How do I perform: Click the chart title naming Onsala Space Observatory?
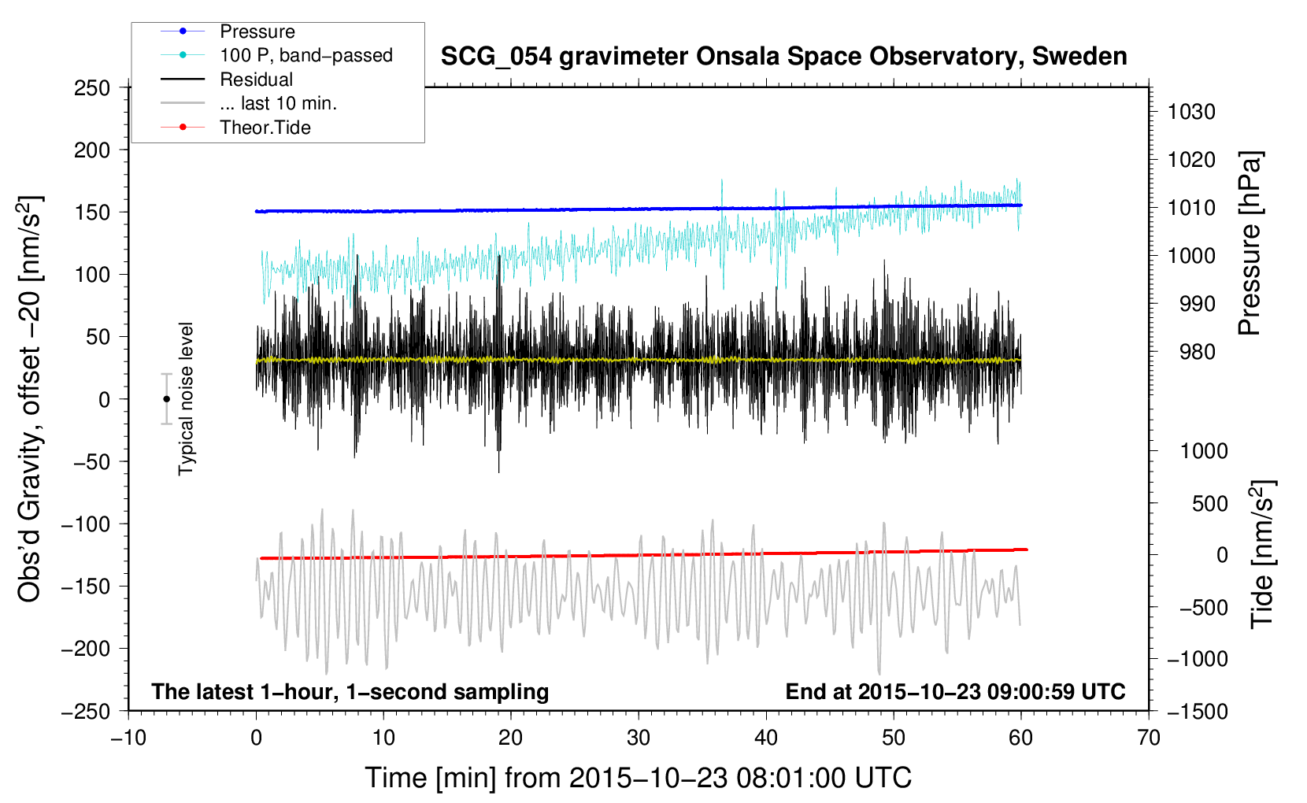[783, 57]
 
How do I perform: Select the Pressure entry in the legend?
[257, 31]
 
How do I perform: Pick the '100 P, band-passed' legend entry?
[305, 55]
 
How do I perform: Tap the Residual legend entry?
[256, 80]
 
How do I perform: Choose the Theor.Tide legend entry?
[265, 128]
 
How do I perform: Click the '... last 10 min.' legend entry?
[278, 103]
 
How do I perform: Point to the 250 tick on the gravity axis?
[92, 88]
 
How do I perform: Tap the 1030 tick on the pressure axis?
[1191, 112]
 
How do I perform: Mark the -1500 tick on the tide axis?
[1197, 711]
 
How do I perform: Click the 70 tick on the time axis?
[1149, 738]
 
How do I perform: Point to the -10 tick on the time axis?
[128, 738]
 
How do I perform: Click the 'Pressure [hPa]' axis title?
[1250, 243]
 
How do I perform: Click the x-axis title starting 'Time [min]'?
[638, 778]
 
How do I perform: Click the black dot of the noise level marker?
[166, 399]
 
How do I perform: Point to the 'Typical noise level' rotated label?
[186, 399]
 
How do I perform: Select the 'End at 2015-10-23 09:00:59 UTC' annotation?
[955, 691]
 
